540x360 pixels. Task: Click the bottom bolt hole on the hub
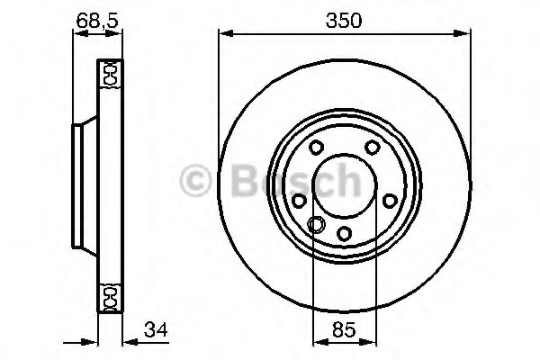click(x=345, y=235)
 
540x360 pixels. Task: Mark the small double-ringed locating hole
click(x=316, y=225)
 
